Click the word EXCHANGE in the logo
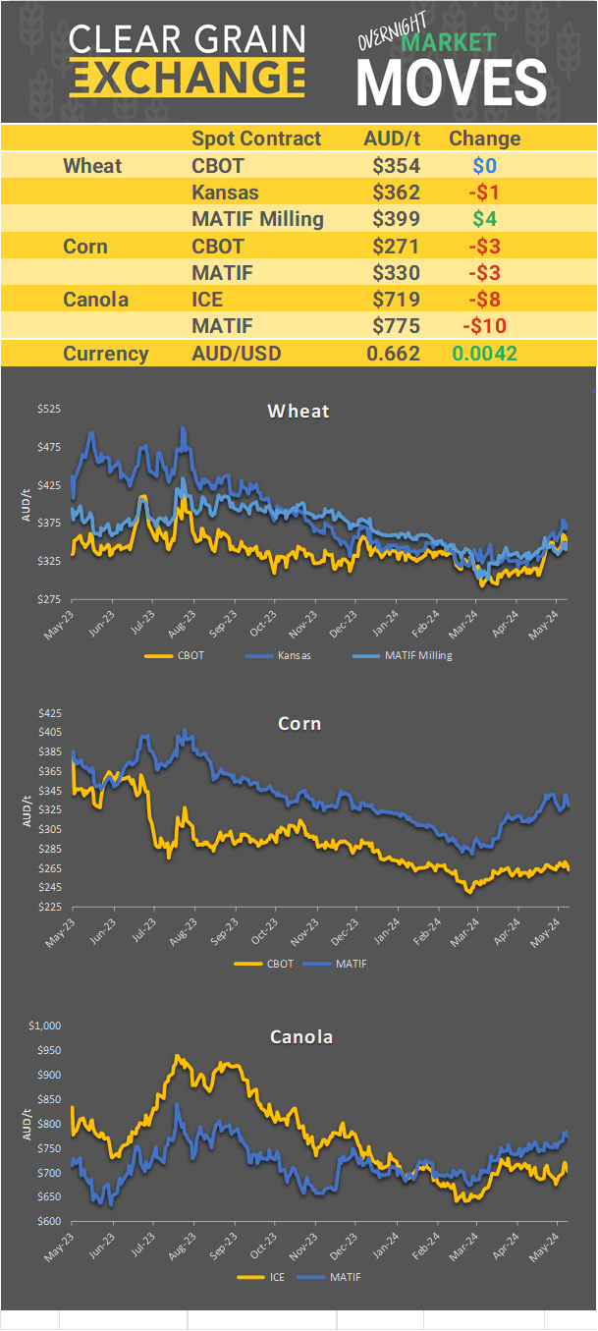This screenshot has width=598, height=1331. tap(187, 77)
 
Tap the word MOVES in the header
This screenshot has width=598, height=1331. tap(451, 83)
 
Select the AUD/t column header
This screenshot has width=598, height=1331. tap(392, 139)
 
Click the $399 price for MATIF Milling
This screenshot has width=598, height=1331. tap(396, 219)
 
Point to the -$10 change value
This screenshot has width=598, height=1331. tap(484, 326)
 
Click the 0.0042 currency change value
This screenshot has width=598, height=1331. tap(484, 354)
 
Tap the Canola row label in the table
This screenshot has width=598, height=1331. tap(95, 300)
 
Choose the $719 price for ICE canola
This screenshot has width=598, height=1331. tap(396, 300)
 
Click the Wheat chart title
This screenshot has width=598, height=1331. tap(299, 411)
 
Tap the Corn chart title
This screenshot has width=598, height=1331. tap(299, 724)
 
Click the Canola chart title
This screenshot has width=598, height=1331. tap(300, 1037)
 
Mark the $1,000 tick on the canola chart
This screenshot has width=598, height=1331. tap(45, 1026)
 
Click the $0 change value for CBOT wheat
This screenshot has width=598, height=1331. tap(484, 166)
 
